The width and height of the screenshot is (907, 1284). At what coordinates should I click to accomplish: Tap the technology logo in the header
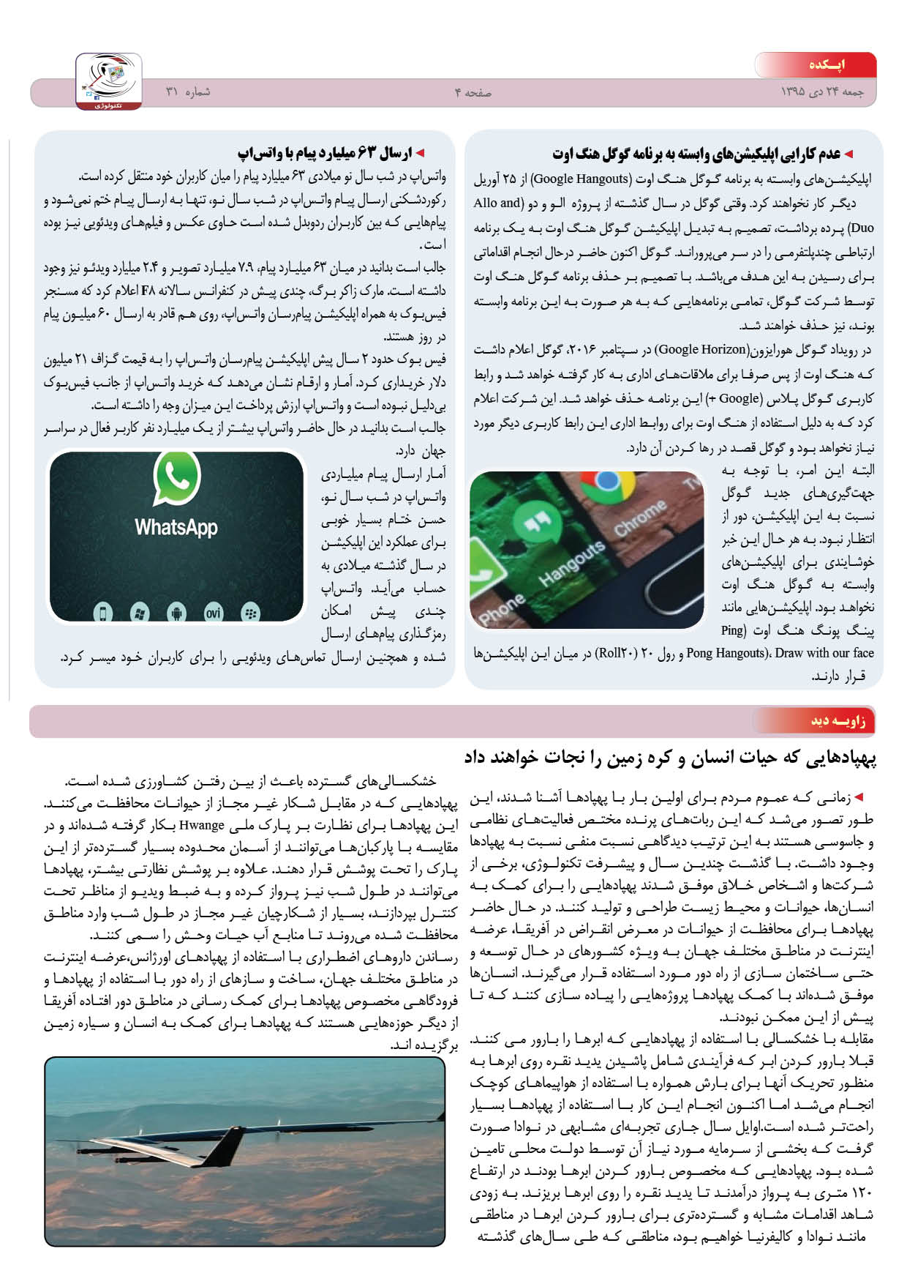tap(109, 81)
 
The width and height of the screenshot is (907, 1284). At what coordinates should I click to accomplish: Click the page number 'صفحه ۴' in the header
tap(473, 93)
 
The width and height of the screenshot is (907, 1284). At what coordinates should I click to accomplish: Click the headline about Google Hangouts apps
tap(696, 154)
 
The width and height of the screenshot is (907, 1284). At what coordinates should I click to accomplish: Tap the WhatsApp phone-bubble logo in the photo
tap(177, 477)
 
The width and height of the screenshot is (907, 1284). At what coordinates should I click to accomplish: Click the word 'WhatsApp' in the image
tap(176, 527)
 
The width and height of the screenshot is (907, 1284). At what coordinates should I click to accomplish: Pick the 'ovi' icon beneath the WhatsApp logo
tap(213, 612)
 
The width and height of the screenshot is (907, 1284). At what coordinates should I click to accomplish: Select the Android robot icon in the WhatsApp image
tap(176, 612)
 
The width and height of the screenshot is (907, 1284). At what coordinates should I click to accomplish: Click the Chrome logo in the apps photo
tap(607, 483)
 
